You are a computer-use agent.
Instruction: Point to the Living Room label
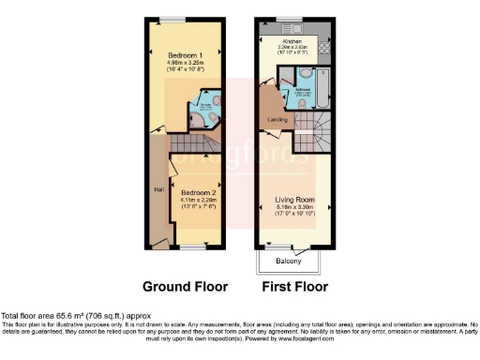pyautogui.click(x=292, y=200)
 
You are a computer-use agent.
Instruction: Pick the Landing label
pyautogui.click(x=277, y=118)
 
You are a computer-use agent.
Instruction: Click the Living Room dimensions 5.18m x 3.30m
pyautogui.click(x=292, y=208)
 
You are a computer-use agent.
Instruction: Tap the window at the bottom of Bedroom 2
pyautogui.click(x=194, y=247)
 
